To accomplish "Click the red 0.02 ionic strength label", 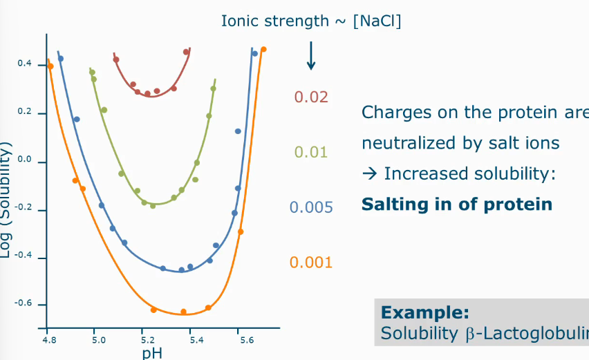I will pos(310,97).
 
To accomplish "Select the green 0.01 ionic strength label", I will pos(310,151).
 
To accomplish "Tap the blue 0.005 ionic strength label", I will pos(310,207).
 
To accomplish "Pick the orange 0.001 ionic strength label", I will pos(310,262).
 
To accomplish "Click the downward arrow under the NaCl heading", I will pos(311,55).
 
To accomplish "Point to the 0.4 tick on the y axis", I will pos(25,64).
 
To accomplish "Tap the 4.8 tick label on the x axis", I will pos(49,340).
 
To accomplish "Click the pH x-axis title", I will pos(152,353).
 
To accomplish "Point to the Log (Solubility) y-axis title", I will pos(6,200).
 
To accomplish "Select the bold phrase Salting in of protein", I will pos(457,204).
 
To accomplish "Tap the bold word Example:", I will pos(425,312).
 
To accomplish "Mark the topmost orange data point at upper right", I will pos(263,49).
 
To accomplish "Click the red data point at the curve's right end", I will pos(186,52).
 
